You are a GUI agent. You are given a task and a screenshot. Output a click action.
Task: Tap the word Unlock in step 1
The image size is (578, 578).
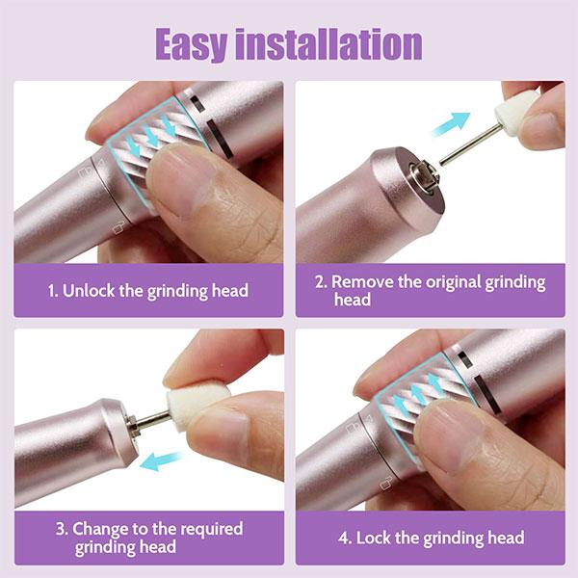(93, 290)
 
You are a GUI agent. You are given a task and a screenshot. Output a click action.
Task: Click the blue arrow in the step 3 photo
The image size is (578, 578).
(162, 460)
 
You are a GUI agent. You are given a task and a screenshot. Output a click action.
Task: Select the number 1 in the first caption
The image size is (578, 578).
(52, 290)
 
